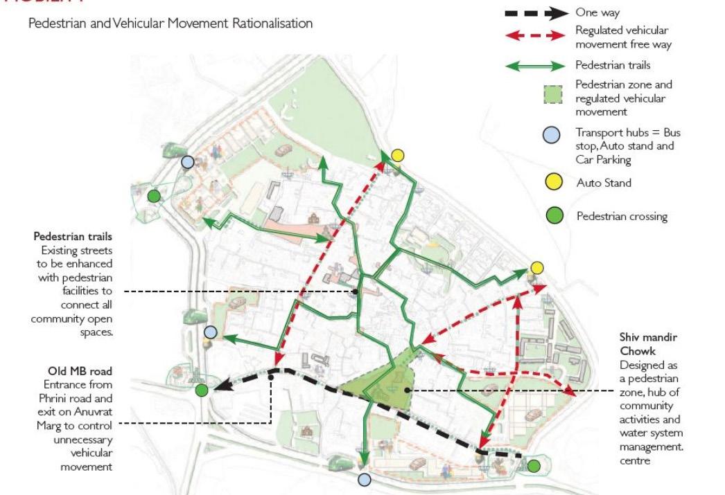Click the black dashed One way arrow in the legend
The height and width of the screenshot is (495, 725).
(x=535, y=12)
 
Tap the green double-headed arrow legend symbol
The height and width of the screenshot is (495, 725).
(x=535, y=66)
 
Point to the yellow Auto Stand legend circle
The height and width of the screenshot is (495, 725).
(x=552, y=183)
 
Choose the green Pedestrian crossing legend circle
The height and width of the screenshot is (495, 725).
(x=552, y=216)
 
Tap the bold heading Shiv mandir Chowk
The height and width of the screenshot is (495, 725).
(x=648, y=344)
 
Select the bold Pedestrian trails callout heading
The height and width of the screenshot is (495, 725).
(x=73, y=237)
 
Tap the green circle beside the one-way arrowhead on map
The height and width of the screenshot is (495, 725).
(x=202, y=390)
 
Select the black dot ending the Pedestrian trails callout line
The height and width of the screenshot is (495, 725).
(x=355, y=291)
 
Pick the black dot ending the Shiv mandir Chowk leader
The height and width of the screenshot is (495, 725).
(x=410, y=391)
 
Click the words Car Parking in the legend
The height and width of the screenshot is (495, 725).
(x=604, y=161)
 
